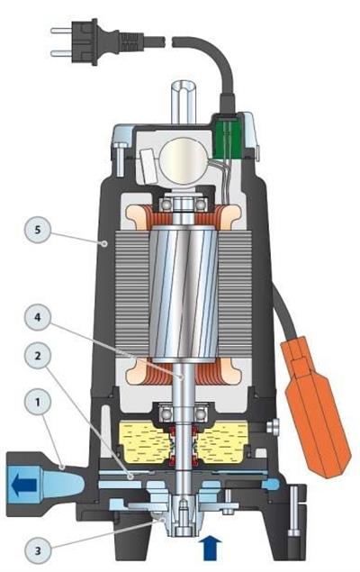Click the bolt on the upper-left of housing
[118, 158]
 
